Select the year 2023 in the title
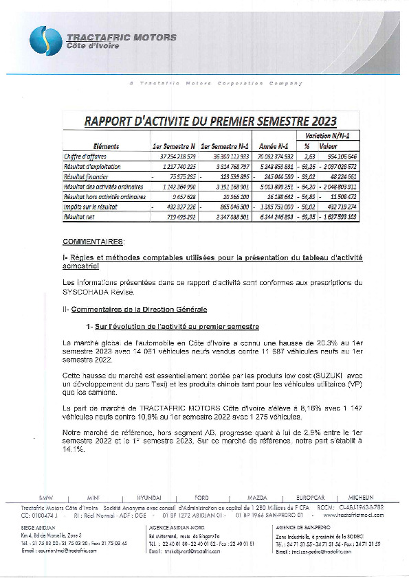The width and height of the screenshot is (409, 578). coord(320,122)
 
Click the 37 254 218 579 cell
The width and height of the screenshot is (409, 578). coord(173,157)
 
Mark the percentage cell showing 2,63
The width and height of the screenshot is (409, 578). coord(309,157)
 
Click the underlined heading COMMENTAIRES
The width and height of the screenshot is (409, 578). coord(93,242)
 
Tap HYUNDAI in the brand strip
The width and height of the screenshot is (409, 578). coord(149,496)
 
